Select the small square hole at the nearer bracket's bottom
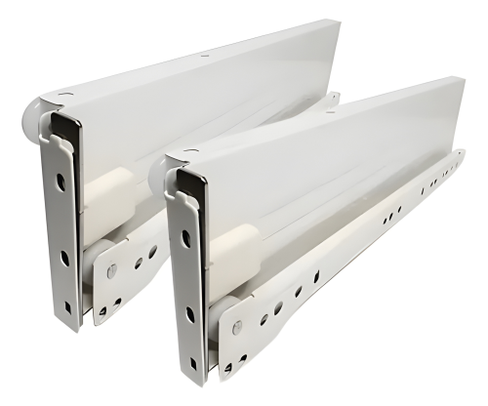[193, 363]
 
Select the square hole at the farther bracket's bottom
[68, 306]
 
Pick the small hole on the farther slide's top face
[204, 57]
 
